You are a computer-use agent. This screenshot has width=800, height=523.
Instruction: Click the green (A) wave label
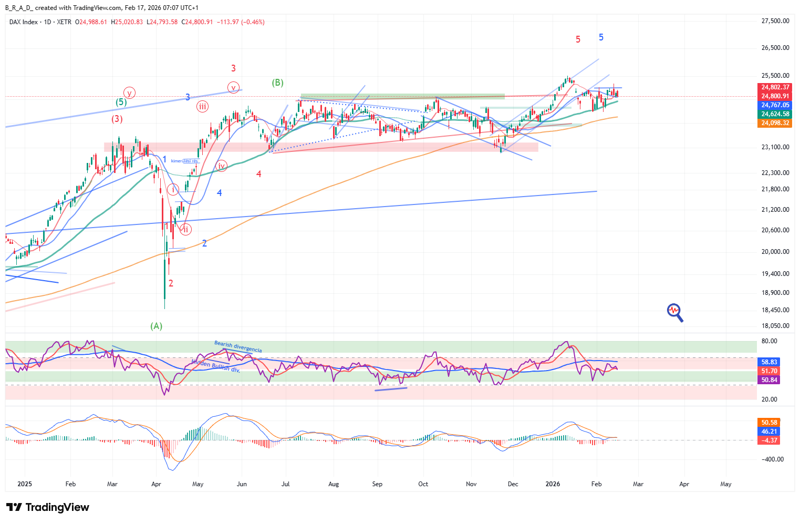click(157, 326)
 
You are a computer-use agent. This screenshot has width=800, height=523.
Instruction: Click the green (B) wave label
click(277, 83)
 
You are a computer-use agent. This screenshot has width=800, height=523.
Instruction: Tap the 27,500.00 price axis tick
click(775, 21)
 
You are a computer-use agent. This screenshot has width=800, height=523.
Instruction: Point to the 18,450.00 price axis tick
click(775, 310)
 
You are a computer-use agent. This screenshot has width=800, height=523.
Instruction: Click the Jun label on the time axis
click(242, 484)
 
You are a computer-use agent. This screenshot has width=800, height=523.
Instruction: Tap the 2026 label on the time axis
click(553, 484)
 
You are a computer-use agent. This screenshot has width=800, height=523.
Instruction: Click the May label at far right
click(725, 484)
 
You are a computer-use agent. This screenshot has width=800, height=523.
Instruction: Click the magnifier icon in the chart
click(674, 312)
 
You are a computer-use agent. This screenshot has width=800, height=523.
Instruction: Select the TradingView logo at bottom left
click(48, 507)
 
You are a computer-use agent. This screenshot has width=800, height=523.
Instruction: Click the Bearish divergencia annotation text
click(238, 346)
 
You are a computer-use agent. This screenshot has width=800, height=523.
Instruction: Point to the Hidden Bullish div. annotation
click(215, 365)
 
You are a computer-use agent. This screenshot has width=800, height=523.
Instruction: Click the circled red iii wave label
click(202, 107)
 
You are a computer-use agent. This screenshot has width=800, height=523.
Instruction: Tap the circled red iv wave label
click(222, 166)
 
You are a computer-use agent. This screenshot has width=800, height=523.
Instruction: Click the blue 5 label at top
click(601, 37)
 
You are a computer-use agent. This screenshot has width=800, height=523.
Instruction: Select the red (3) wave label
click(117, 119)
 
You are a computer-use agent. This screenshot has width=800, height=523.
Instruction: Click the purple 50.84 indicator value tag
click(769, 380)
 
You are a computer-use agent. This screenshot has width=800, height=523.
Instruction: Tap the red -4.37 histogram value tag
click(769, 440)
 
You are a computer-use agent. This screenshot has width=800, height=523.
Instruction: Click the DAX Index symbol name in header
click(24, 22)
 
